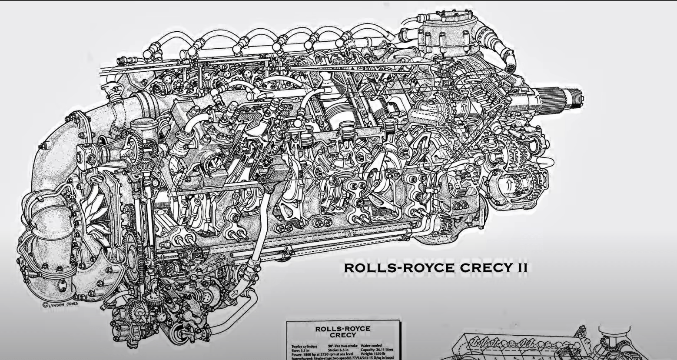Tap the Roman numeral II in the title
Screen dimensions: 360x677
[x=521, y=267]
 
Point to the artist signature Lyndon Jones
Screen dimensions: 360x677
[x=61, y=304]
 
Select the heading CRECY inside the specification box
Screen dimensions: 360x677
[x=343, y=335]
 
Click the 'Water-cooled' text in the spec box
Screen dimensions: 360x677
[x=372, y=346]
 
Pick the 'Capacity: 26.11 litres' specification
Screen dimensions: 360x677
[x=377, y=350]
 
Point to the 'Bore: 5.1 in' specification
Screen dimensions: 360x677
[x=301, y=350]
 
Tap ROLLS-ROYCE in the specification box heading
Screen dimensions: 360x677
[x=343, y=329]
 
